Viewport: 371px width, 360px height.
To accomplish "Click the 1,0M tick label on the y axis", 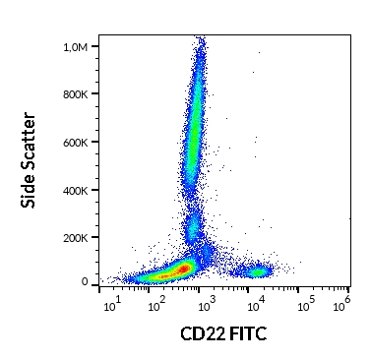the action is pyautogui.click(x=76, y=47).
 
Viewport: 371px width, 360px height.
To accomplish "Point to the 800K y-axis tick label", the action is pyautogui.click(x=76, y=94).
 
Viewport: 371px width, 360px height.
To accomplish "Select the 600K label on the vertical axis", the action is pyautogui.click(x=76, y=143).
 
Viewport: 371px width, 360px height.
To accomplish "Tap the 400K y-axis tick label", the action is pyautogui.click(x=76, y=190).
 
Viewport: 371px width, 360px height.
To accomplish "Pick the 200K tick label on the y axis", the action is pyautogui.click(x=76, y=238).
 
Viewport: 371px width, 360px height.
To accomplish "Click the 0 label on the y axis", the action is pyautogui.click(x=85, y=281).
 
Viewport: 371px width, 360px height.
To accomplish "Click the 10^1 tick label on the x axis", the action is pyautogui.click(x=112, y=304).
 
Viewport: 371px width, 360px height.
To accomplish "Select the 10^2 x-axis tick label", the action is pyautogui.click(x=156, y=304).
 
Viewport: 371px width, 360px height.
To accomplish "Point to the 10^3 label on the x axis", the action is pyautogui.click(x=207, y=304).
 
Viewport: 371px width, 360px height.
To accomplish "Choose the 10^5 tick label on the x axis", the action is pyautogui.click(x=306, y=304).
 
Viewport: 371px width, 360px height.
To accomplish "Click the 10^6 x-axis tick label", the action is pyautogui.click(x=341, y=304).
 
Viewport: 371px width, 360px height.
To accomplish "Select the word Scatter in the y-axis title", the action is pyautogui.click(x=28, y=141).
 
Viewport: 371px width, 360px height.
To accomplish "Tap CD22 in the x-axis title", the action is pyautogui.click(x=203, y=333).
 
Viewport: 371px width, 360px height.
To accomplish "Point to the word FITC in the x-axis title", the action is pyautogui.click(x=248, y=333).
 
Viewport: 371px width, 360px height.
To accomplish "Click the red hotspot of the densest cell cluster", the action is pyautogui.click(x=184, y=269).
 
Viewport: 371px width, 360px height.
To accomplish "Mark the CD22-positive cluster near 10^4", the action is pyautogui.click(x=259, y=271).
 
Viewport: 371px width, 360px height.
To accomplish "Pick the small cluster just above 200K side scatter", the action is pyautogui.click(x=194, y=227).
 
